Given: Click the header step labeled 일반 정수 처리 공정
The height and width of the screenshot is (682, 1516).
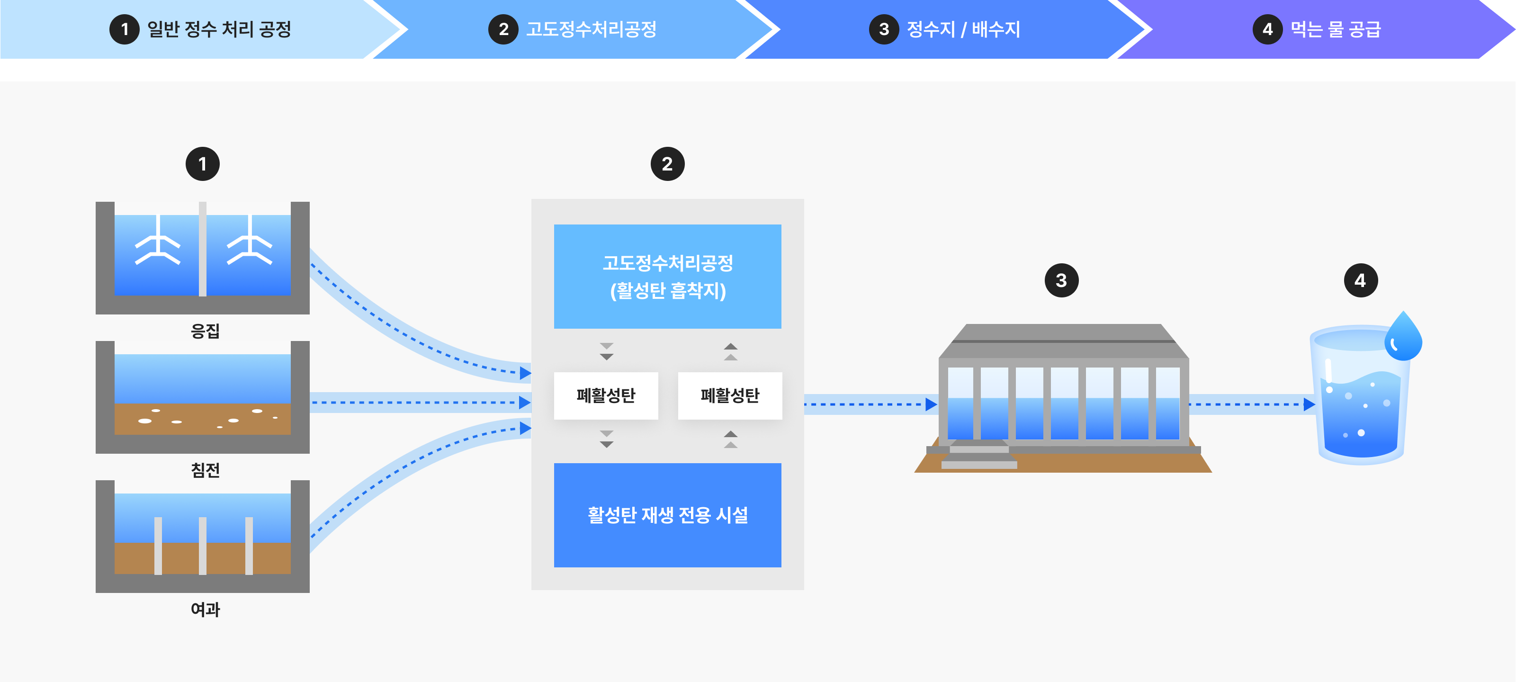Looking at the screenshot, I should pos(218,29).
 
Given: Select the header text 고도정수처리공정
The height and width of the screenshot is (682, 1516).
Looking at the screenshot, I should pos(591,29).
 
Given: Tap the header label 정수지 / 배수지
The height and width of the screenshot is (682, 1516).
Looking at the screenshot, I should pos(963,29).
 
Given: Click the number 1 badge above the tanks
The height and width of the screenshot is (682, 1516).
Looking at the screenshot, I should pos(202,164).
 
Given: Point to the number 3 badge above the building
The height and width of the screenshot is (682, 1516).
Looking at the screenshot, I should pos(1061,281).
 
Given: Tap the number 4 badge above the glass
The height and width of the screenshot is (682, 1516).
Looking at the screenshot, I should pos(1360,281).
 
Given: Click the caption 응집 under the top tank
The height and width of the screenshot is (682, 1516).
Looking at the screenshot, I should pos(205,331).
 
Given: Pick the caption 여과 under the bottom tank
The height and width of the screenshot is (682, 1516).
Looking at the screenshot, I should pos(205,609).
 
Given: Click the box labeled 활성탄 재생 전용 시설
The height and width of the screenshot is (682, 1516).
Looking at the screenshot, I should pos(667,515).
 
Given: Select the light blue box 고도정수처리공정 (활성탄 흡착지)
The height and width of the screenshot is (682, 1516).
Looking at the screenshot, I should pos(667,276).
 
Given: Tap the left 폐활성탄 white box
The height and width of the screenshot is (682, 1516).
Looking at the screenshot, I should pos(606,395).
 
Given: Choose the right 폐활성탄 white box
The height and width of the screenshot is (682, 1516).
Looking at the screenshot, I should pos(730,395).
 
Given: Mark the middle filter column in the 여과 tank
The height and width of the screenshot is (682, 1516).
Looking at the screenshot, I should pos(202,546).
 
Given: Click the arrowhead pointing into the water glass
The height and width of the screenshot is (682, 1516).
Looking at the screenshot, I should pos(1310,404).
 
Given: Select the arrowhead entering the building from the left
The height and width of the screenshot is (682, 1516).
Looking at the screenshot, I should pos(931,404).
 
